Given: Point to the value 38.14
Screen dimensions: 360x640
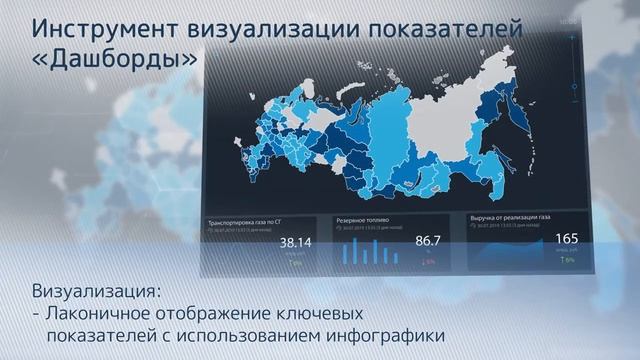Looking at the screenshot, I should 295,242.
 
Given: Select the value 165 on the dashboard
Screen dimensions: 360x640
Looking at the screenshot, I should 567,238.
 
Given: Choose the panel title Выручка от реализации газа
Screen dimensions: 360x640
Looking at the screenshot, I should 509,215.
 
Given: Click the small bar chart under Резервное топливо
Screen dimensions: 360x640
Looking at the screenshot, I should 367,252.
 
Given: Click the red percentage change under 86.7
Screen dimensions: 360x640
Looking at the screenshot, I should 429,261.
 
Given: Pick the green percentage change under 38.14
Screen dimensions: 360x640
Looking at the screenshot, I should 296,263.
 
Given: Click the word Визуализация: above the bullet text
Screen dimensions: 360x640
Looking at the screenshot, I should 96,292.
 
